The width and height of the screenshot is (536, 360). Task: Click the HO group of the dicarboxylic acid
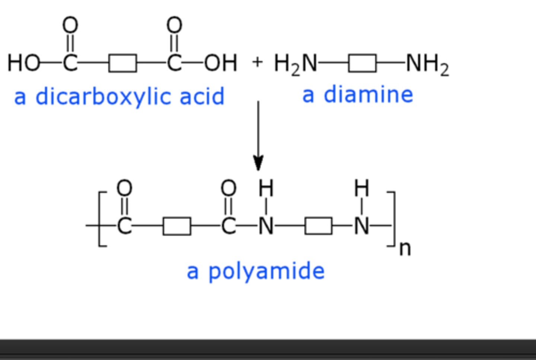click(x=23, y=63)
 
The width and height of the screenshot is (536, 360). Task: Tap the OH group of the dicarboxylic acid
click(x=220, y=63)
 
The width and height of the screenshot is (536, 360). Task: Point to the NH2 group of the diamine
click(x=427, y=64)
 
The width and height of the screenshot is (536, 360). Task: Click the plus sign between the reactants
click(x=257, y=62)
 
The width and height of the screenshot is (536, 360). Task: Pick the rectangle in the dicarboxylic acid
click(x=122, y=63)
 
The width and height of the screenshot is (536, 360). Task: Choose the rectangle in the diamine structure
click(x=362, y=63)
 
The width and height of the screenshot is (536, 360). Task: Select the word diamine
click(x=368, y=95)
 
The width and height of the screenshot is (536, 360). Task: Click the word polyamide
click(x=266, y=271)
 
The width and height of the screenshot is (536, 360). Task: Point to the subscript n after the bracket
click(x=405, y=249)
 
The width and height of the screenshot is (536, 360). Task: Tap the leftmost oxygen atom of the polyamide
click(x=124, y=188)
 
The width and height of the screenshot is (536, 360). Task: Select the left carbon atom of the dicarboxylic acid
click(x=70, y=63)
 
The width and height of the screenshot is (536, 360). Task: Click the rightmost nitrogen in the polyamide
click(x=361, y=226)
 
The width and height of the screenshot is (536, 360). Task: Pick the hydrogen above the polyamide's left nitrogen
click(x=266, y=188)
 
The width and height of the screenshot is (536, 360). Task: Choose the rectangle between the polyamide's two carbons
click(x=177, y=226)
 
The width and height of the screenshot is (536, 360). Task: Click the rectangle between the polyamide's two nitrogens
click(x=318, y=226)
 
